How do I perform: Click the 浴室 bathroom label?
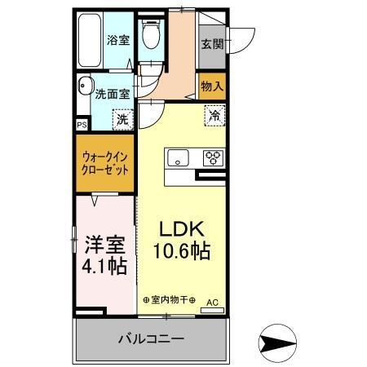pyautogui.click(x=117, y=39)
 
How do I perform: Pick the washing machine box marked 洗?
pyautogui.click(x=121, y=120)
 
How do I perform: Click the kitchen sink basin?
pyautogui.click(x=178, y=157)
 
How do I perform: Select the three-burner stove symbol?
pyautogui.click(x=214, y=157)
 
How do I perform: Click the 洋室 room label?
pyautogui.click(x=103, y=245)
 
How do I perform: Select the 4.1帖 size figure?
pyautogui.click(x=103, y=267)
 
